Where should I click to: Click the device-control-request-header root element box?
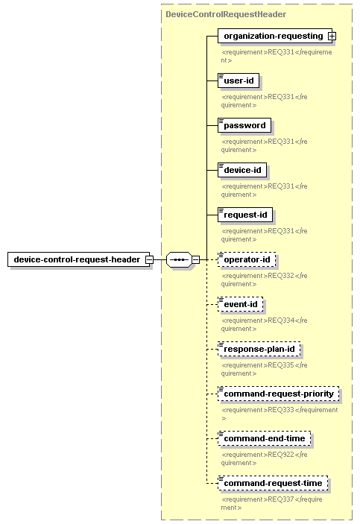[78, 259]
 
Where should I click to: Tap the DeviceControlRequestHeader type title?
[226, 14]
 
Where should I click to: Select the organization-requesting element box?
[275, 36]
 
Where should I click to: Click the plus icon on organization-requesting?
[332, 36]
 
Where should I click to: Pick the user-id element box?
[239, 81]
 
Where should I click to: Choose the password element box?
[244, 125]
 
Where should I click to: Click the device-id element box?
[242, 170]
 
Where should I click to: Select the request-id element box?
[245, 215]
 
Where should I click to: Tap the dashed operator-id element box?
[247, 259]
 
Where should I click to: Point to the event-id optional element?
[240, 304]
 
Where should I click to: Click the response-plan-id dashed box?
[259, 350]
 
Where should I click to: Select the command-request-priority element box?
[279, 394]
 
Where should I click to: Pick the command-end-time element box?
[264, 439]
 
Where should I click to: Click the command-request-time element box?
[273, 484]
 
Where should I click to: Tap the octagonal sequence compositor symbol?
[179, 259]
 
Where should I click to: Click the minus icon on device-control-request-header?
[149, 259]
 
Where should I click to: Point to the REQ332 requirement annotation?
[264, 280]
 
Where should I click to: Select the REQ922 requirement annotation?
[264, 458]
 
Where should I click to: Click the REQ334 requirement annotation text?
[264, 324]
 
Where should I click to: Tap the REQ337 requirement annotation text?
[271, 503]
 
